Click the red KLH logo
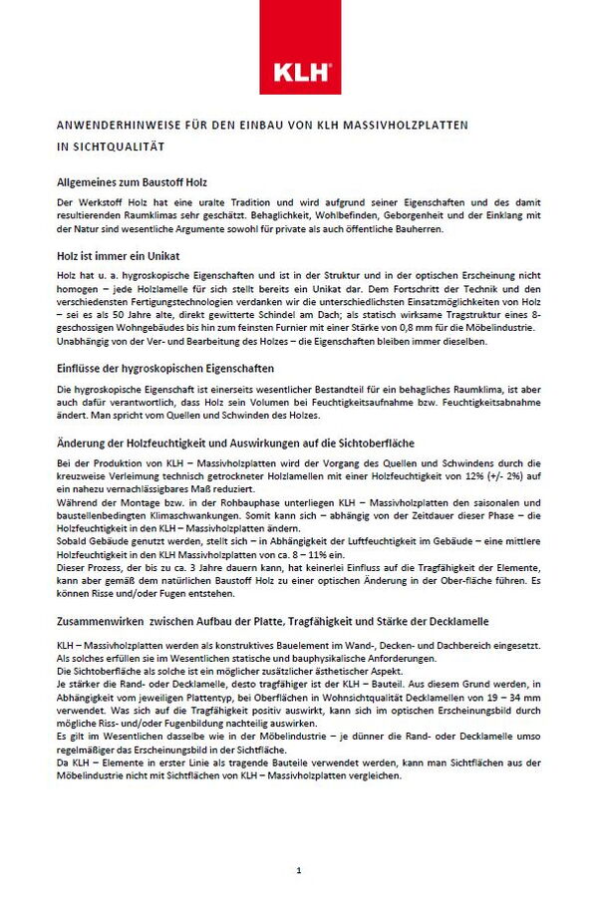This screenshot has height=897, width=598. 299,71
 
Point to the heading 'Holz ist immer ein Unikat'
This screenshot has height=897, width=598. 112,256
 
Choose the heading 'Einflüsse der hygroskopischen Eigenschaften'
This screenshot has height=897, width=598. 157,368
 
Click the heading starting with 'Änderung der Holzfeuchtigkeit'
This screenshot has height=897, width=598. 235,442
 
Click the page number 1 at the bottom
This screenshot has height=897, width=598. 299,870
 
